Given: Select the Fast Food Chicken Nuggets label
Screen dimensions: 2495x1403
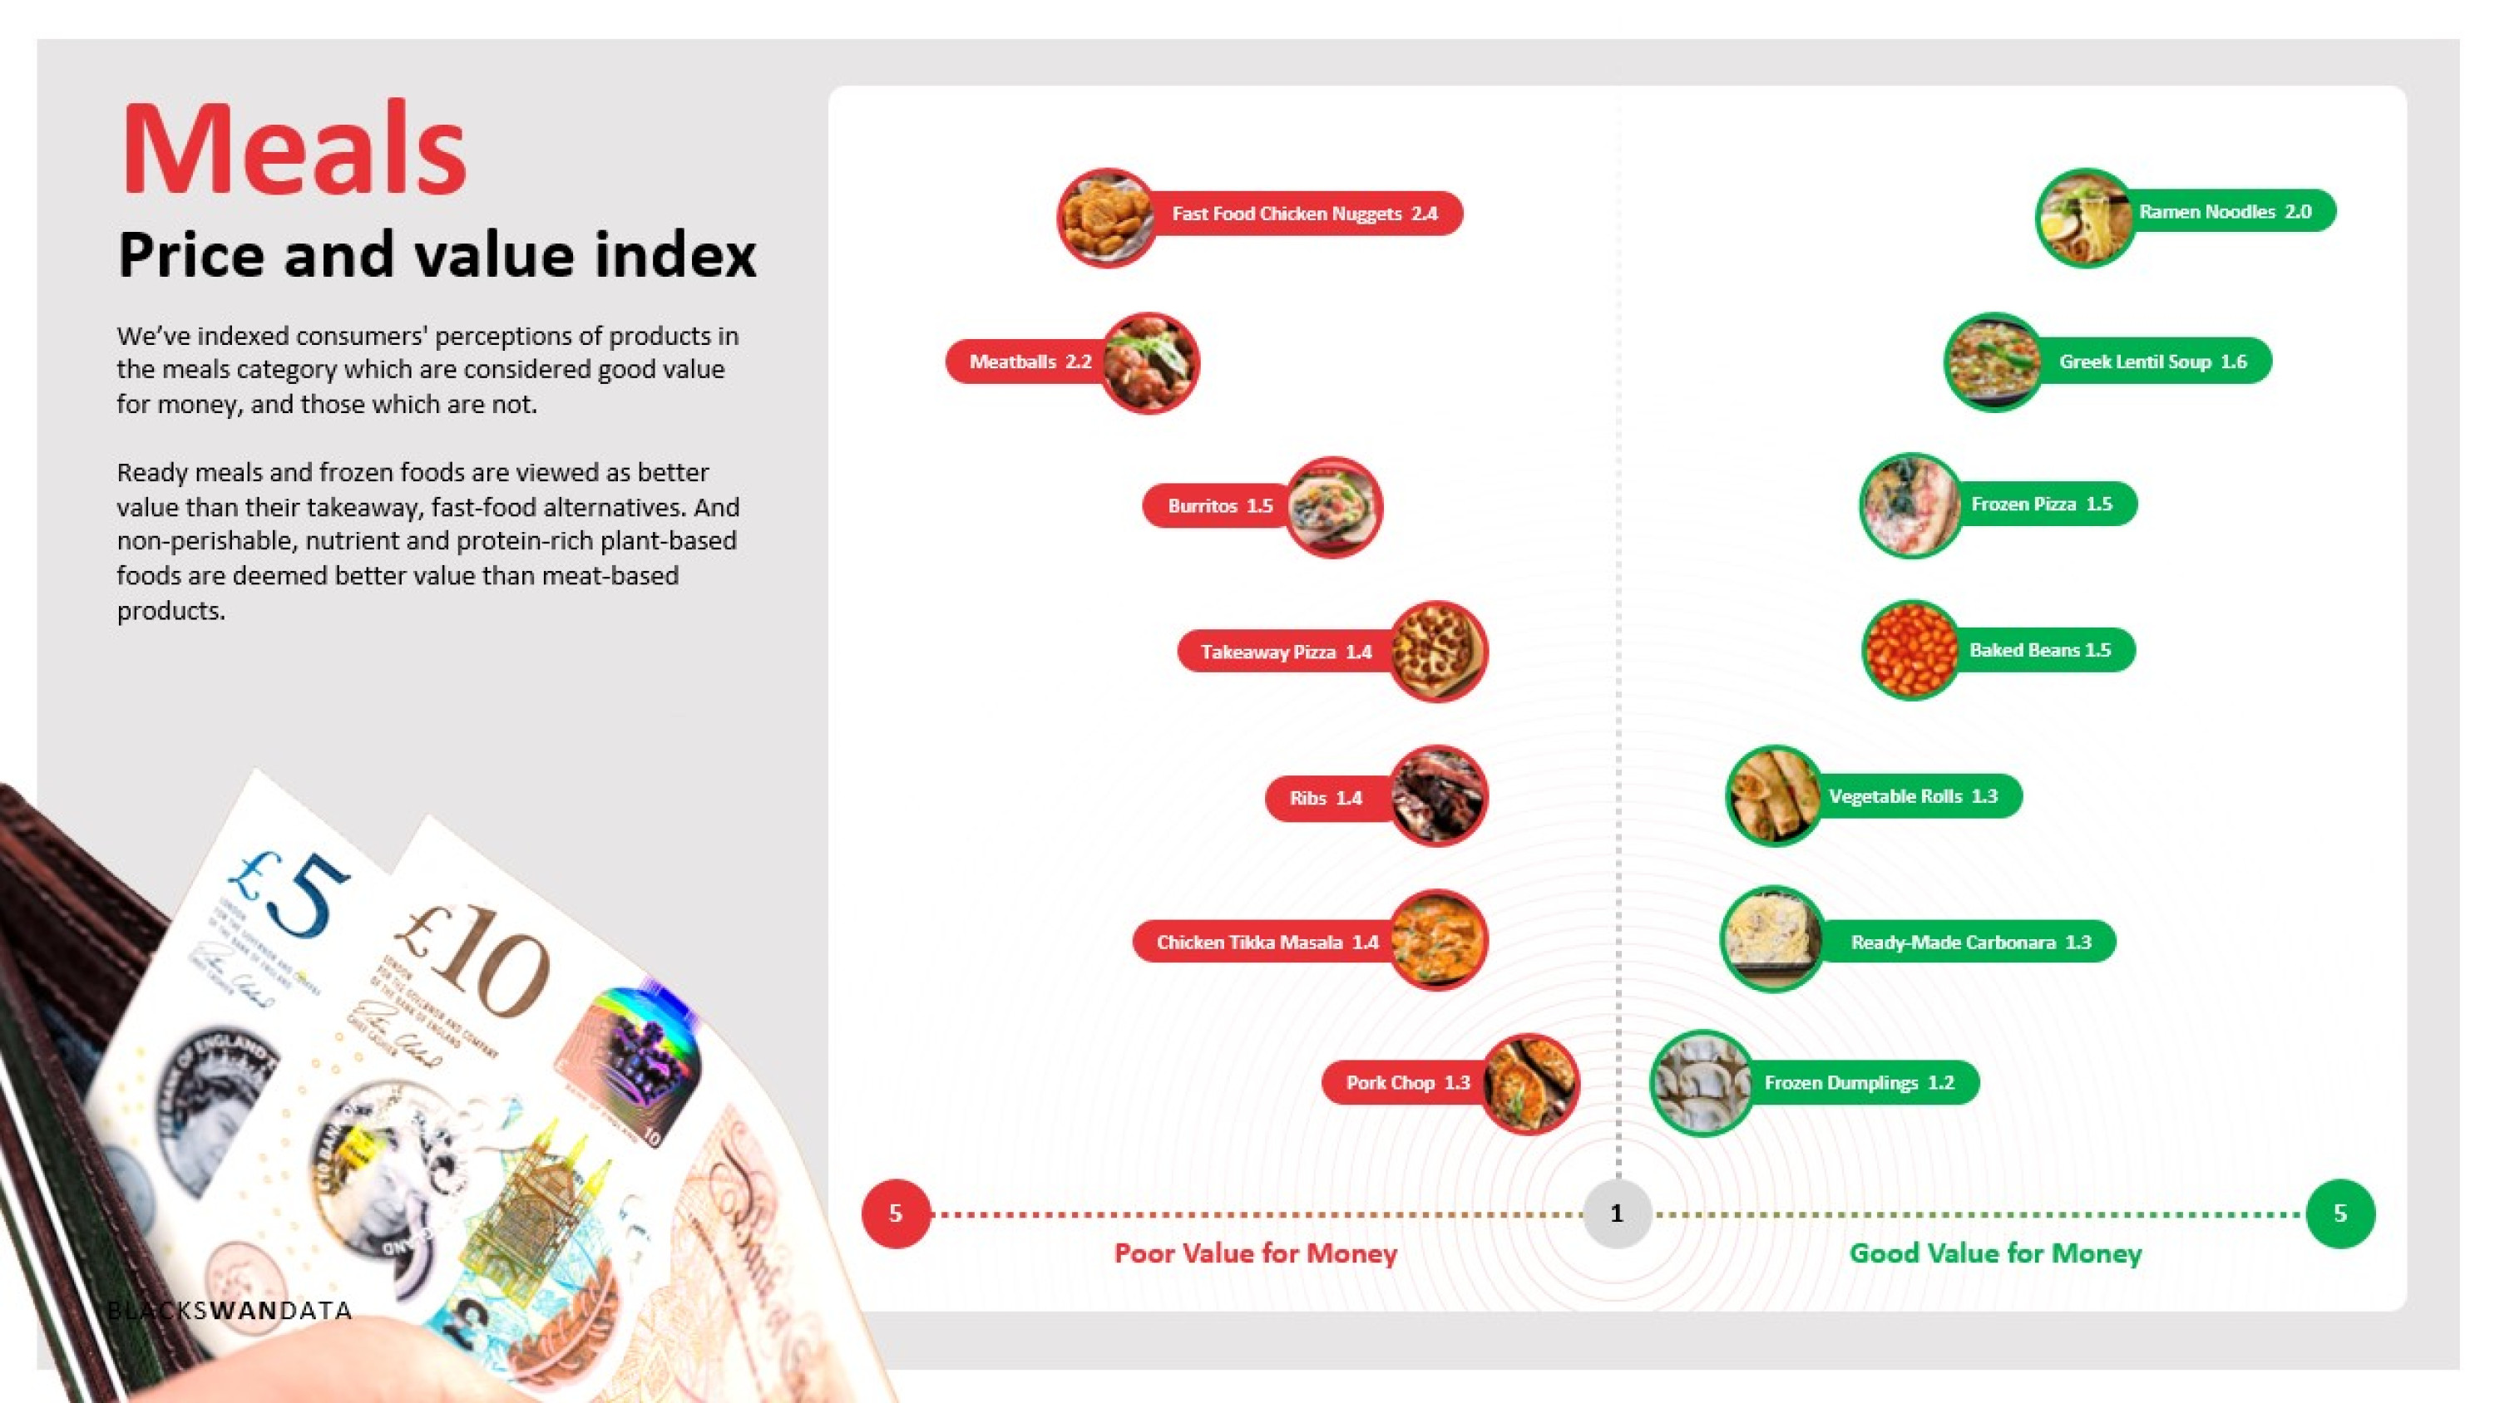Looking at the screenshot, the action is tap(1305, 213).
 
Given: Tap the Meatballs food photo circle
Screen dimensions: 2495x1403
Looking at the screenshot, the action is tap(1149, 363).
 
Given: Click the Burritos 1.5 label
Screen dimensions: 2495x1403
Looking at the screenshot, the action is tap(1219, 505).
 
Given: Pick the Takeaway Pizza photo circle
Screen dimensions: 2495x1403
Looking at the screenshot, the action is tap(1438, 651).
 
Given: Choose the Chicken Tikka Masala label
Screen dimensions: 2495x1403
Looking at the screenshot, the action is tap(1266, 941).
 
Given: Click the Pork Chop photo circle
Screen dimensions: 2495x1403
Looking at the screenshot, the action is tap(1530, 1084).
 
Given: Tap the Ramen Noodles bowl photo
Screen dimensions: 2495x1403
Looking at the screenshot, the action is tap(2085, 218).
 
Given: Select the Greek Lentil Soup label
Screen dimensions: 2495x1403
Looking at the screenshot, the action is tap(2153, 362).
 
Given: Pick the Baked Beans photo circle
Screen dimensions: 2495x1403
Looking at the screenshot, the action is tap(1911, 650).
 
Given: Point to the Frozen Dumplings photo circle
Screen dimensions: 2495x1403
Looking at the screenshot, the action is tap(1702, 1082).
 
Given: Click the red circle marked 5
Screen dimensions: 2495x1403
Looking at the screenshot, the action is tap(896, 1213).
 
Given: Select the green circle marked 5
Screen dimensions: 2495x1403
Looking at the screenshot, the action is tap(2340, 1213).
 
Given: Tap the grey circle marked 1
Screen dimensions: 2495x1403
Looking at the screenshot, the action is tap(1617, 1213).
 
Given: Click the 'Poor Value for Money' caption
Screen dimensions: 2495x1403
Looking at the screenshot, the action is tap(1255, 1254).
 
